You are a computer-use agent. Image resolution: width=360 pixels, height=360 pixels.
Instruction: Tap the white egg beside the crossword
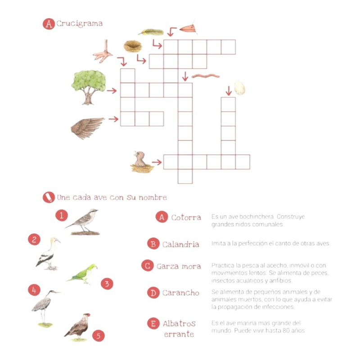(239, 88)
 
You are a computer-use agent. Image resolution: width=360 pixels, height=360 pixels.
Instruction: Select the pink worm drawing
(206, 76)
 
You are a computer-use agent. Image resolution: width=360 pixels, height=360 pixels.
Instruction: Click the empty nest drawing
(132, 46)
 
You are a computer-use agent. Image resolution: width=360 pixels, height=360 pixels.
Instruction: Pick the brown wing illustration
(87, 128)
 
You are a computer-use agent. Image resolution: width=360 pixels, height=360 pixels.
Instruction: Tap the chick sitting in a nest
(142, 162)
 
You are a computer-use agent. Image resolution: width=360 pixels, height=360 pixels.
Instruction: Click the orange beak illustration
(188, 29)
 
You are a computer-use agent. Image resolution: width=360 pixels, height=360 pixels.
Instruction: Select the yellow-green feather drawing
(151, 32)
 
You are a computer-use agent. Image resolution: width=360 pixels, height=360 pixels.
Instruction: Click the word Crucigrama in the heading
(80, 24)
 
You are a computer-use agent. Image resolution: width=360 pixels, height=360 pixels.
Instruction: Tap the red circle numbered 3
(107, 284)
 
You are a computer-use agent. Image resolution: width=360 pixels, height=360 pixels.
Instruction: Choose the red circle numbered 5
(98, 336)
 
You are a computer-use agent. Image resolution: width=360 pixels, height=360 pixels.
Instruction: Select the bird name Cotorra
(186, 217)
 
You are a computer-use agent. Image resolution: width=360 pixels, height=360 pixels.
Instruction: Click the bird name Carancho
(181, 293)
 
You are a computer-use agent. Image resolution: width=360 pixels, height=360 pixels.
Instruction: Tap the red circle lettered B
(153, 243)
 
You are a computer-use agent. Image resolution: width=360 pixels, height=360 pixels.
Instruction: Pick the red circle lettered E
(153, 323)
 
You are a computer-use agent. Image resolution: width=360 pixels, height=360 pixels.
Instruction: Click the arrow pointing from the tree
(112, 91)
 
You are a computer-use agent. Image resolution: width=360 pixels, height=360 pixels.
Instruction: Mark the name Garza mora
(179, 266)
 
